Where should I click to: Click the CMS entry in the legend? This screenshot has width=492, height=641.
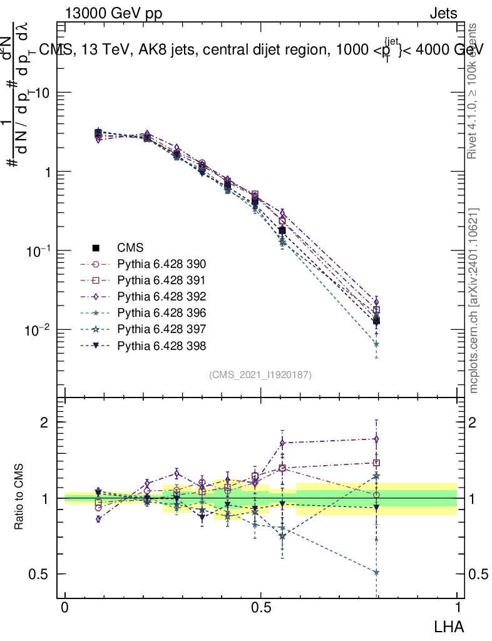click(130, 247)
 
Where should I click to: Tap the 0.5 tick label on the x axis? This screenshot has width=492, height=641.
click(261, 608)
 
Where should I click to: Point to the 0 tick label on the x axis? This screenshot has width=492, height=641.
click(65, 608)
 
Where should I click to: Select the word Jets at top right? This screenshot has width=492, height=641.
click(443, 13)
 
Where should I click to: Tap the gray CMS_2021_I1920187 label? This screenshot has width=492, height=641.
click(260, 374)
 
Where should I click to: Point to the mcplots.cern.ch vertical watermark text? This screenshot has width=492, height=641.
click(474, 300)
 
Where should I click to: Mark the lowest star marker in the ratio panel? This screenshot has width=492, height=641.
click(376, 572)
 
